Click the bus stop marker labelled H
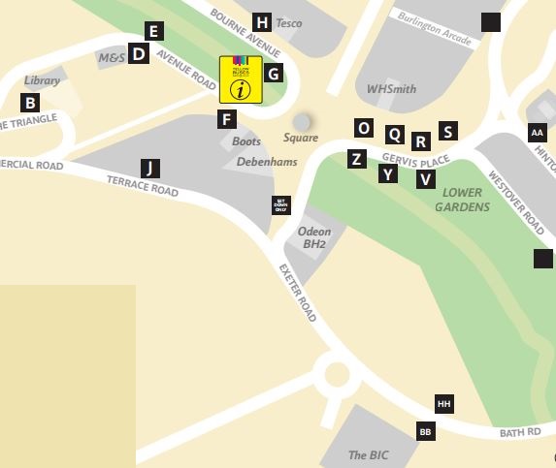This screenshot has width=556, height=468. point(261,22)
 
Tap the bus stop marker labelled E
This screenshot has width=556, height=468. point(153,30)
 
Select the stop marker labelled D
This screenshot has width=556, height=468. point(139,54)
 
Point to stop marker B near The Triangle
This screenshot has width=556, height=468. point(30,103)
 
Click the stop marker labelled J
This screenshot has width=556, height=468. point(149,168)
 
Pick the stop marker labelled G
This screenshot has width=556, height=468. point(274,73)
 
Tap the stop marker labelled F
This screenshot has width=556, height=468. point(227,120)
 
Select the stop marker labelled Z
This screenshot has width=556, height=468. point(358,159)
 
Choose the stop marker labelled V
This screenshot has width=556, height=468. point(425,178)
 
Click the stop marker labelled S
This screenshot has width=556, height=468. point(446,131)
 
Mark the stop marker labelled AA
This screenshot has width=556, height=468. point(537,132)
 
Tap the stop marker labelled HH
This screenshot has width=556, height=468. point(444,404)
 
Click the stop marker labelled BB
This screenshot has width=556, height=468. point(425,431)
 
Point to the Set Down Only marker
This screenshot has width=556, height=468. point(279,205)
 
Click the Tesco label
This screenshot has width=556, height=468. point(289,23)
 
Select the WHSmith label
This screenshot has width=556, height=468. point(391,89)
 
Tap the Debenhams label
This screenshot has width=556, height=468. point(267,162)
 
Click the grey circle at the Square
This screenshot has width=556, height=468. point(303,121)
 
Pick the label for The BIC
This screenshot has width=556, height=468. point(369,454)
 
